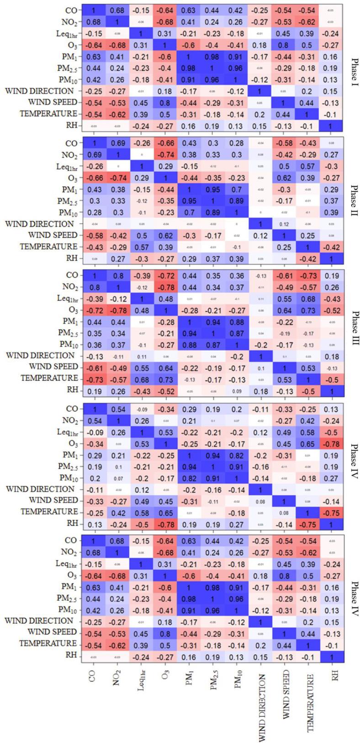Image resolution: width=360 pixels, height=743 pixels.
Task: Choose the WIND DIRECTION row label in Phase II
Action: pyautogui.click(x=39, y=224)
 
